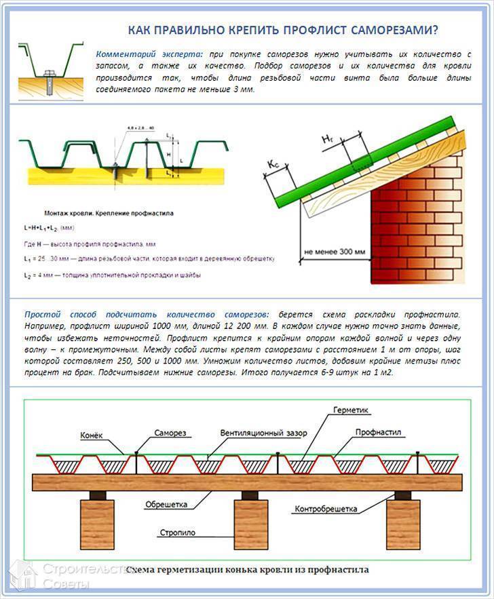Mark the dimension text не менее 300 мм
tap(335, 252)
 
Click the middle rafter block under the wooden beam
tap(251, 524)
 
